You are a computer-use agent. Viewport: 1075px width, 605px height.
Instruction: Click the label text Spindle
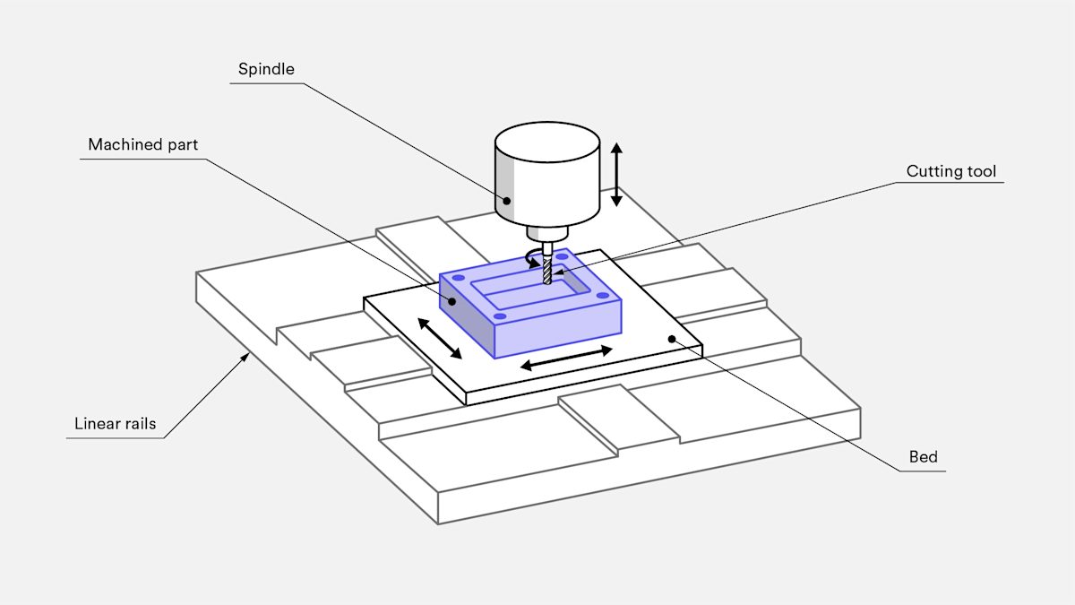point(266,69)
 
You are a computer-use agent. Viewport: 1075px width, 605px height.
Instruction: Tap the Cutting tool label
point(950,171)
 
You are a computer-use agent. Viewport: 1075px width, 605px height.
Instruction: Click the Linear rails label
point(115,423)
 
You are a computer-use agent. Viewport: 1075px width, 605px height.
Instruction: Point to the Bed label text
point(923,457)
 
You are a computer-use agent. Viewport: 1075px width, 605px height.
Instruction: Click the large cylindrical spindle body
point(547,175)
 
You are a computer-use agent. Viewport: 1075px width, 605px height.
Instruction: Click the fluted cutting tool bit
point(546,272)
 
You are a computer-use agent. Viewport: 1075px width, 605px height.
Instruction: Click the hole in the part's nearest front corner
point(501,315)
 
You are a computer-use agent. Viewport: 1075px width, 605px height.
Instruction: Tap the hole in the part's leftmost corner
point(458,280)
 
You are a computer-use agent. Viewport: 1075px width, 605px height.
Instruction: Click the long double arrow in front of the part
point(566,358)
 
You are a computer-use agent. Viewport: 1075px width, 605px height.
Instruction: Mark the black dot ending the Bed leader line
point(672,338)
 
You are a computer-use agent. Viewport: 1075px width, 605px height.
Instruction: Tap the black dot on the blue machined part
point(451,302)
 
